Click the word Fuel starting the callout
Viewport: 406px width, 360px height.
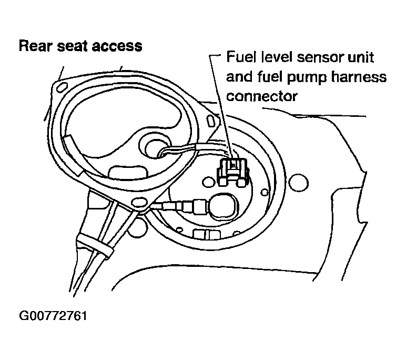coord(239,57)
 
